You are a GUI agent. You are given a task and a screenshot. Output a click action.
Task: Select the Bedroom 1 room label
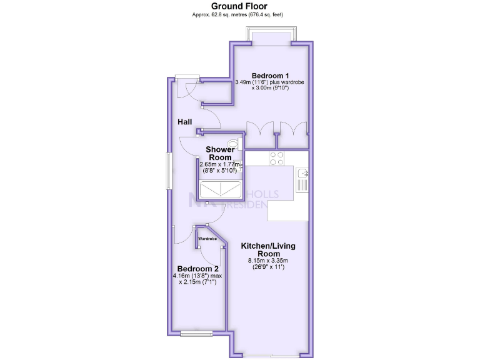266,76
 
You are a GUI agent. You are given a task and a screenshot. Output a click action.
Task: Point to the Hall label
184,122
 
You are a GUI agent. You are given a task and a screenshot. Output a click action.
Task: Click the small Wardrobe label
207,239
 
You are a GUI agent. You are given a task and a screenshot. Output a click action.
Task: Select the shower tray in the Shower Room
220,189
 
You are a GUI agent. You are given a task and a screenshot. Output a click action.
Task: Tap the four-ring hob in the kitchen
277,159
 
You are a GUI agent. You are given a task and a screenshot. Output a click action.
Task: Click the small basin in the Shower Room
239,167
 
